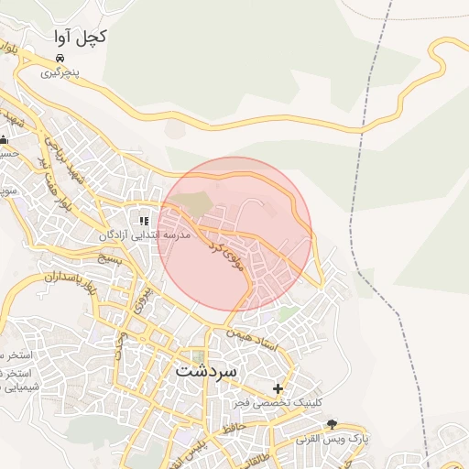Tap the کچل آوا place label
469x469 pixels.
(x=79, y=37)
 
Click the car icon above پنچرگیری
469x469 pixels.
(x=60, y=57)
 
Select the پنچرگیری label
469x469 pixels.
(x=60, y=71)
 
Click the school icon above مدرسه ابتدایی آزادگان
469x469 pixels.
(x=143, y=221)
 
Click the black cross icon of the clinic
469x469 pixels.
(x=278, y=388)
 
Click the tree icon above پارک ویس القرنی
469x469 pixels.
(x=332, y=424)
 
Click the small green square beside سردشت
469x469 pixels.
(x=198, y=355)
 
